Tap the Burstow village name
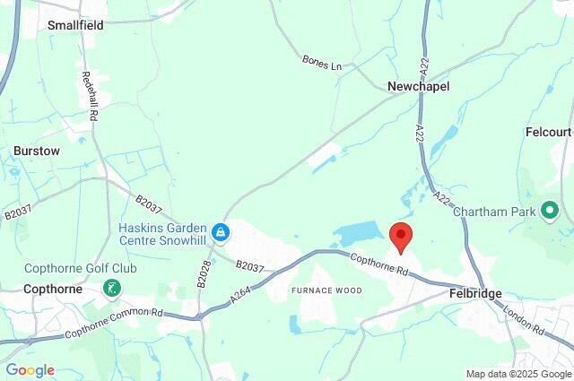coord(37,152)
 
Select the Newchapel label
coord(418,86)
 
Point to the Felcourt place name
coord(548,132)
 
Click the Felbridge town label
coord(475,294)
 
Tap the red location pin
coord(401,237)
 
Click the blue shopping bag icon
coord(221,234)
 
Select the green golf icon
coord(113,289)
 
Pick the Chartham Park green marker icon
coord(549,212)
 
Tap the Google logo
coord(30,370)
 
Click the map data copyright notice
coord(517,374)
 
